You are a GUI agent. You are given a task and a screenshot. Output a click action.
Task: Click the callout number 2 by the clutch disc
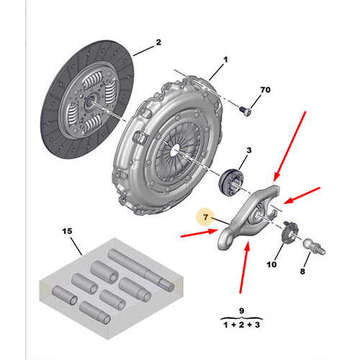(x=158, y=42)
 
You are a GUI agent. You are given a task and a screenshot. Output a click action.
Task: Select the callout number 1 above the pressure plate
(x=225, y=59)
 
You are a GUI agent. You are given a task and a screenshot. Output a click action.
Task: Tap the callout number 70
(x=265, y=90)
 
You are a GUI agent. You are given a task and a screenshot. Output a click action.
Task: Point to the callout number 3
(x=249, y=150)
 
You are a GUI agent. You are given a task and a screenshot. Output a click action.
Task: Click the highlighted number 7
(x=205, y=217)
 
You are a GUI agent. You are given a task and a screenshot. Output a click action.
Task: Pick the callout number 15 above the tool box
(x=67, y=231)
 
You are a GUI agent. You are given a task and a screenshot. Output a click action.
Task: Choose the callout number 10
(x=271, y=264)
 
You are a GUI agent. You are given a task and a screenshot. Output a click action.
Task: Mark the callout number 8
(x=302, y=271)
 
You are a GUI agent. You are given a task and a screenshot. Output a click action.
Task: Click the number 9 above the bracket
(x=242, y=311)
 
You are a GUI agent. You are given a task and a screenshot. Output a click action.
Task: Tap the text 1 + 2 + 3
(x=241, y=325)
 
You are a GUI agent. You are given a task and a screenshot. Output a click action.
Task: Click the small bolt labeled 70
(x=246, y=112)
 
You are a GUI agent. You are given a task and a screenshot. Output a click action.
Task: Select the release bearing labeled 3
(x=231, y=183)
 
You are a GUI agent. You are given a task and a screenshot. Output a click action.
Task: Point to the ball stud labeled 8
(x=314, y=247)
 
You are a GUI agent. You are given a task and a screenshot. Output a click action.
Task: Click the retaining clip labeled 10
(x=289, y=232)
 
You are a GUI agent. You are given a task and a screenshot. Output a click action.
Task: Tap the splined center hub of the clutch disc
(x=91, y=102)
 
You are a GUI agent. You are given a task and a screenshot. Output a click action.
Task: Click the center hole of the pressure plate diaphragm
(x=176, y=150)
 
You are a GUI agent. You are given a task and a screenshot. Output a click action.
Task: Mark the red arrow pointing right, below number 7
(x=199, y=233)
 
